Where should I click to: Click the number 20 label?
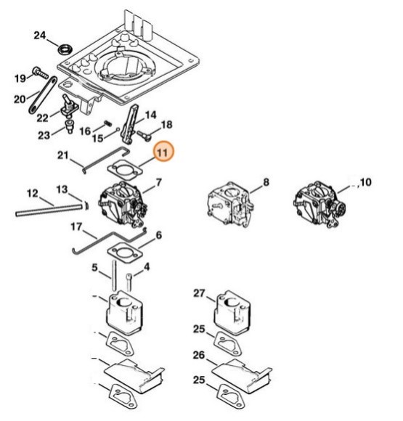(20, 99)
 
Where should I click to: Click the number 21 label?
(62, 155)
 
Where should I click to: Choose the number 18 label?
(166, 125)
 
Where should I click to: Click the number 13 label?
(62, 189)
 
